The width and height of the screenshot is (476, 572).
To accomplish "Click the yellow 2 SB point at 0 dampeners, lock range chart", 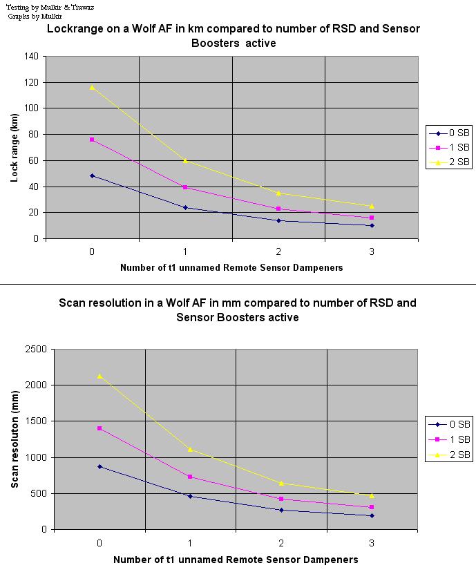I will point(92,87).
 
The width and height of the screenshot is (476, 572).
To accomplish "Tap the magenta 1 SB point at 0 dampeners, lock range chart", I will point(92,140).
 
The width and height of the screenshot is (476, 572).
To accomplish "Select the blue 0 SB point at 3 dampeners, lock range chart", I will point(372,225).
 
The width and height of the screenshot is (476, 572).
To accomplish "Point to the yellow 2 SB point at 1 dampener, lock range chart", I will point(185,160).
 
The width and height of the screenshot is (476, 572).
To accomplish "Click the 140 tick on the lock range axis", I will point(31,56).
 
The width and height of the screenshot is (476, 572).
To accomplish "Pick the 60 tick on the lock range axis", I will point(33,160).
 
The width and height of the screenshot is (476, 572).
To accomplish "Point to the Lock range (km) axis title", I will point(14,147).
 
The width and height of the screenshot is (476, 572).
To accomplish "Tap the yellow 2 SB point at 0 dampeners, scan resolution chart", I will point(99,376).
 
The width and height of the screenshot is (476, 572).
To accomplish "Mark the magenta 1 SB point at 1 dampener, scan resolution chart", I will point(190,477).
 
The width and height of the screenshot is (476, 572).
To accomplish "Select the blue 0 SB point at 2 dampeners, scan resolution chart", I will point(281,510).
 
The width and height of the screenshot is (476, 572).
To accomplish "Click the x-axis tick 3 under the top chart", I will point(372,251).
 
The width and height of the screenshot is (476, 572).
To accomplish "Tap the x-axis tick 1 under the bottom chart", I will point(190,542).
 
